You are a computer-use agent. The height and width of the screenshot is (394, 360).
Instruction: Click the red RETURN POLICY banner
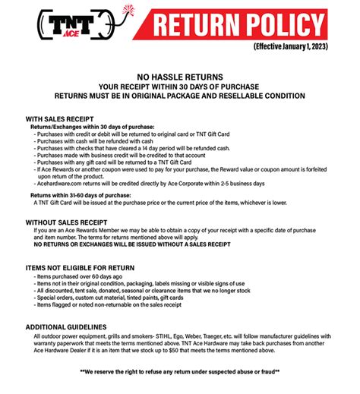(235, 24)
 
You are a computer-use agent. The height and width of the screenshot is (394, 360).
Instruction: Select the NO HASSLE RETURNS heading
(179, 77)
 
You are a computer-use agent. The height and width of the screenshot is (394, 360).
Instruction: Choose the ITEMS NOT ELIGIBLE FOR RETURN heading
(80, 268)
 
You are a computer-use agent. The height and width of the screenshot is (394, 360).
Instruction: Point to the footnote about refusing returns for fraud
(179, 372)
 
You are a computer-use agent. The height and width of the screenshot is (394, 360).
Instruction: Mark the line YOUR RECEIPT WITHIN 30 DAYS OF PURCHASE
(179, 87)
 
